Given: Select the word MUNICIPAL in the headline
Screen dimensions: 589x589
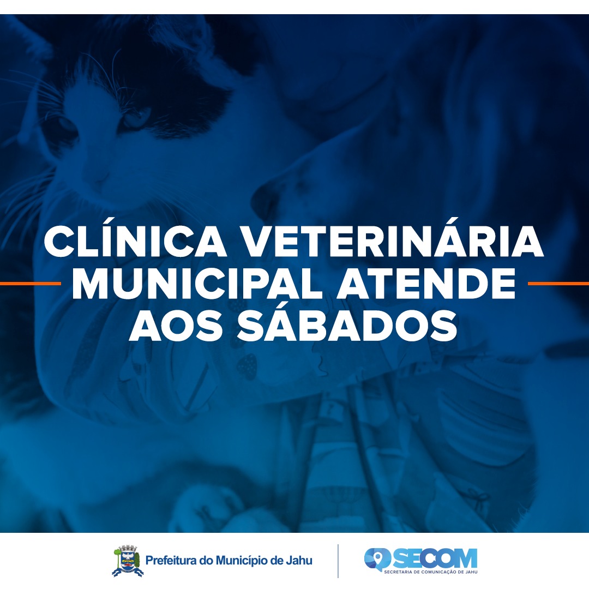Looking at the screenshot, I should tap(196, 284).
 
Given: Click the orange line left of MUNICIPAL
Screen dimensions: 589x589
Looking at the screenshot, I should tap(30, 284).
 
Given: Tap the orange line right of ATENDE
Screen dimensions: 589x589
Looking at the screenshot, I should tap(558, 284).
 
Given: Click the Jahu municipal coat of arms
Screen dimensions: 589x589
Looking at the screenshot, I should tap(127, 561).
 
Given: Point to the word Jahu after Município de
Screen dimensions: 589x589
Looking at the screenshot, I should tap(299, 560).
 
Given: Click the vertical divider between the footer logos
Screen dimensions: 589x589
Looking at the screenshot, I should tap(338, 561).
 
